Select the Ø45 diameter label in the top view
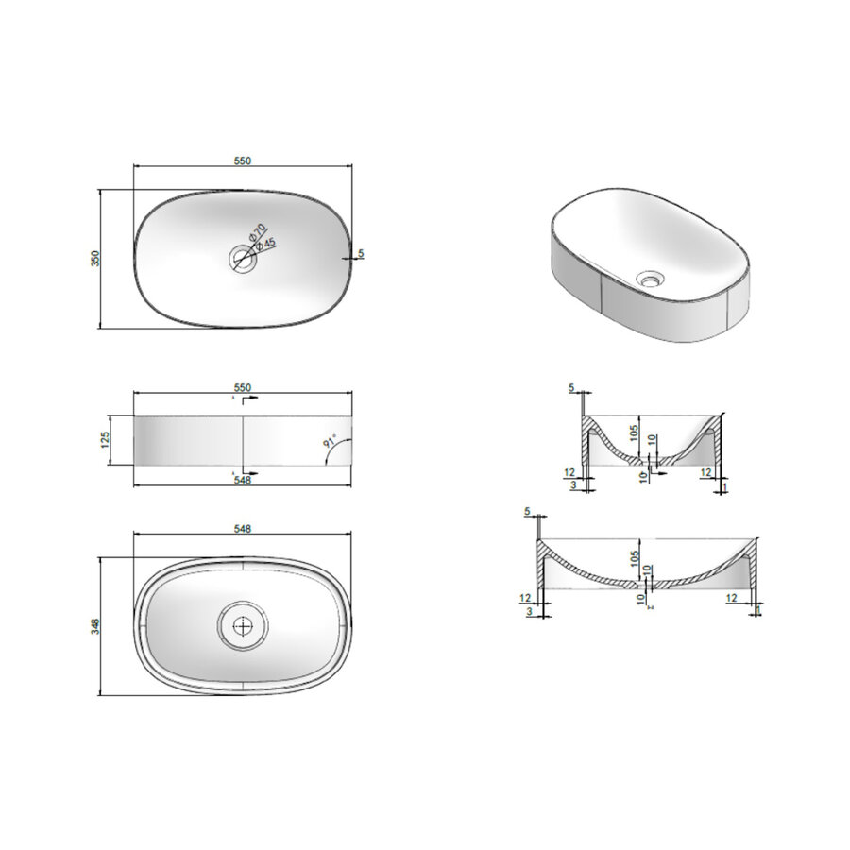click(x=266, y=245)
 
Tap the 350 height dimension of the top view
click(x=94, y=259)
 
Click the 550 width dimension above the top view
click(x=242, y=161)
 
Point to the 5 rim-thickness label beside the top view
click(x=362, y=254)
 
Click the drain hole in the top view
click(x=243, y=260)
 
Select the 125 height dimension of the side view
click(x=107, y=439)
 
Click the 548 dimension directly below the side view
click(x=242, y=480)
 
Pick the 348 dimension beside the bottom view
click(x=94, y=625)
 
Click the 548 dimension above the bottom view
click(x=242, y=530)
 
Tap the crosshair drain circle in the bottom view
click(x=243, y=624)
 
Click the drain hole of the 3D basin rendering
click(x=651, y=280)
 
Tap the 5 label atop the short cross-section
click(x=571, y=388)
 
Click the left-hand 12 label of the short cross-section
click(x=569, y=472)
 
